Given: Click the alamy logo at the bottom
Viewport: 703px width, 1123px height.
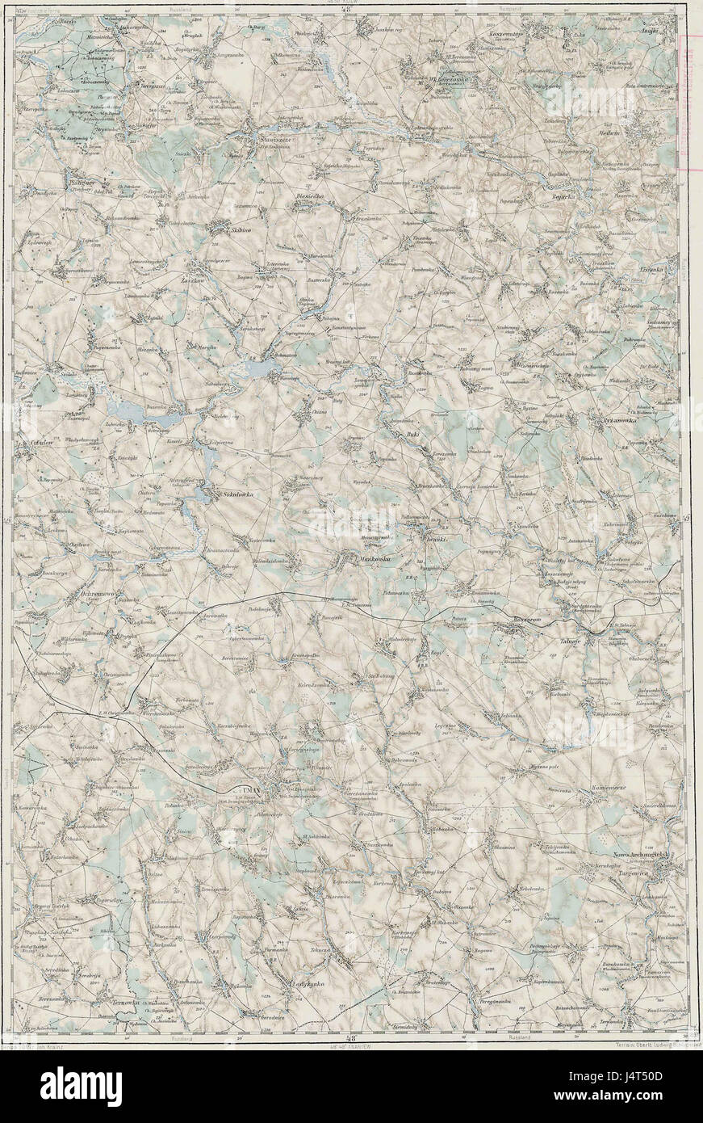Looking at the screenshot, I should point(81,1082).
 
